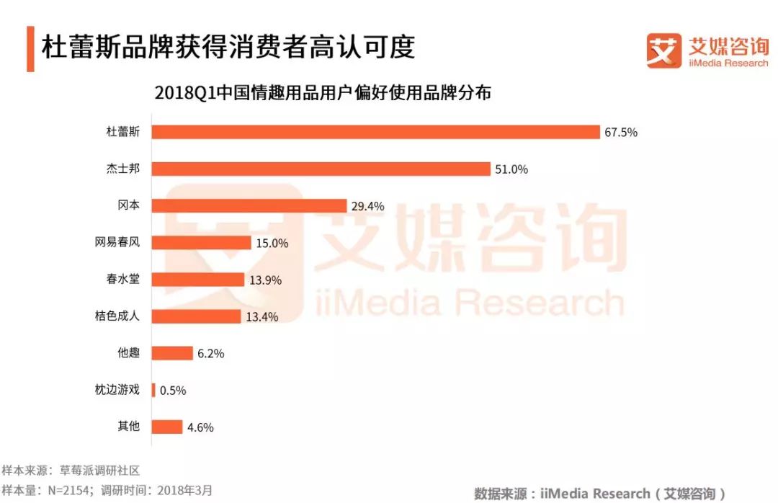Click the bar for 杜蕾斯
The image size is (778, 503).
pyautogui.click(x=375, y=132)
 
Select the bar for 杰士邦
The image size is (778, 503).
pyautogui.click(x=321, y=169)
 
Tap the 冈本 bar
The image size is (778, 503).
pyautogui.click(x=249, y=206)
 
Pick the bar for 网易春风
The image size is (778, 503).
pyautogui.click(x=201, y=243)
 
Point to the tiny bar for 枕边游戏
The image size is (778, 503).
pyautogui.click(x=153, y=390)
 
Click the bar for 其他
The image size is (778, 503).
pyautogui.click(x=167, y=427)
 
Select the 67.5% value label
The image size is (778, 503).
pyautogui.click(x=622, y=133)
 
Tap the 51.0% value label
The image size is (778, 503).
pyautogui.click(x=511, y=169)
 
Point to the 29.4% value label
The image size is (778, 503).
pyautogui.click(x=367, y=206)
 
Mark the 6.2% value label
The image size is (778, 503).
pyautogui.click(x=210, y=354)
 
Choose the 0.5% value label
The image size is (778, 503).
pyautogui.click(x=172, y=391)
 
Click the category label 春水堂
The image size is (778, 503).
pyautogui.click(x=122, y=279)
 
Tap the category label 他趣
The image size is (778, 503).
pyautogui.click(x=128, y=353)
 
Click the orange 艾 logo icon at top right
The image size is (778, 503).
pyautogui.click(x=663, y=50)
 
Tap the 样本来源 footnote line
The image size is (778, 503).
pyautogui.click(x=70, y=471)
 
